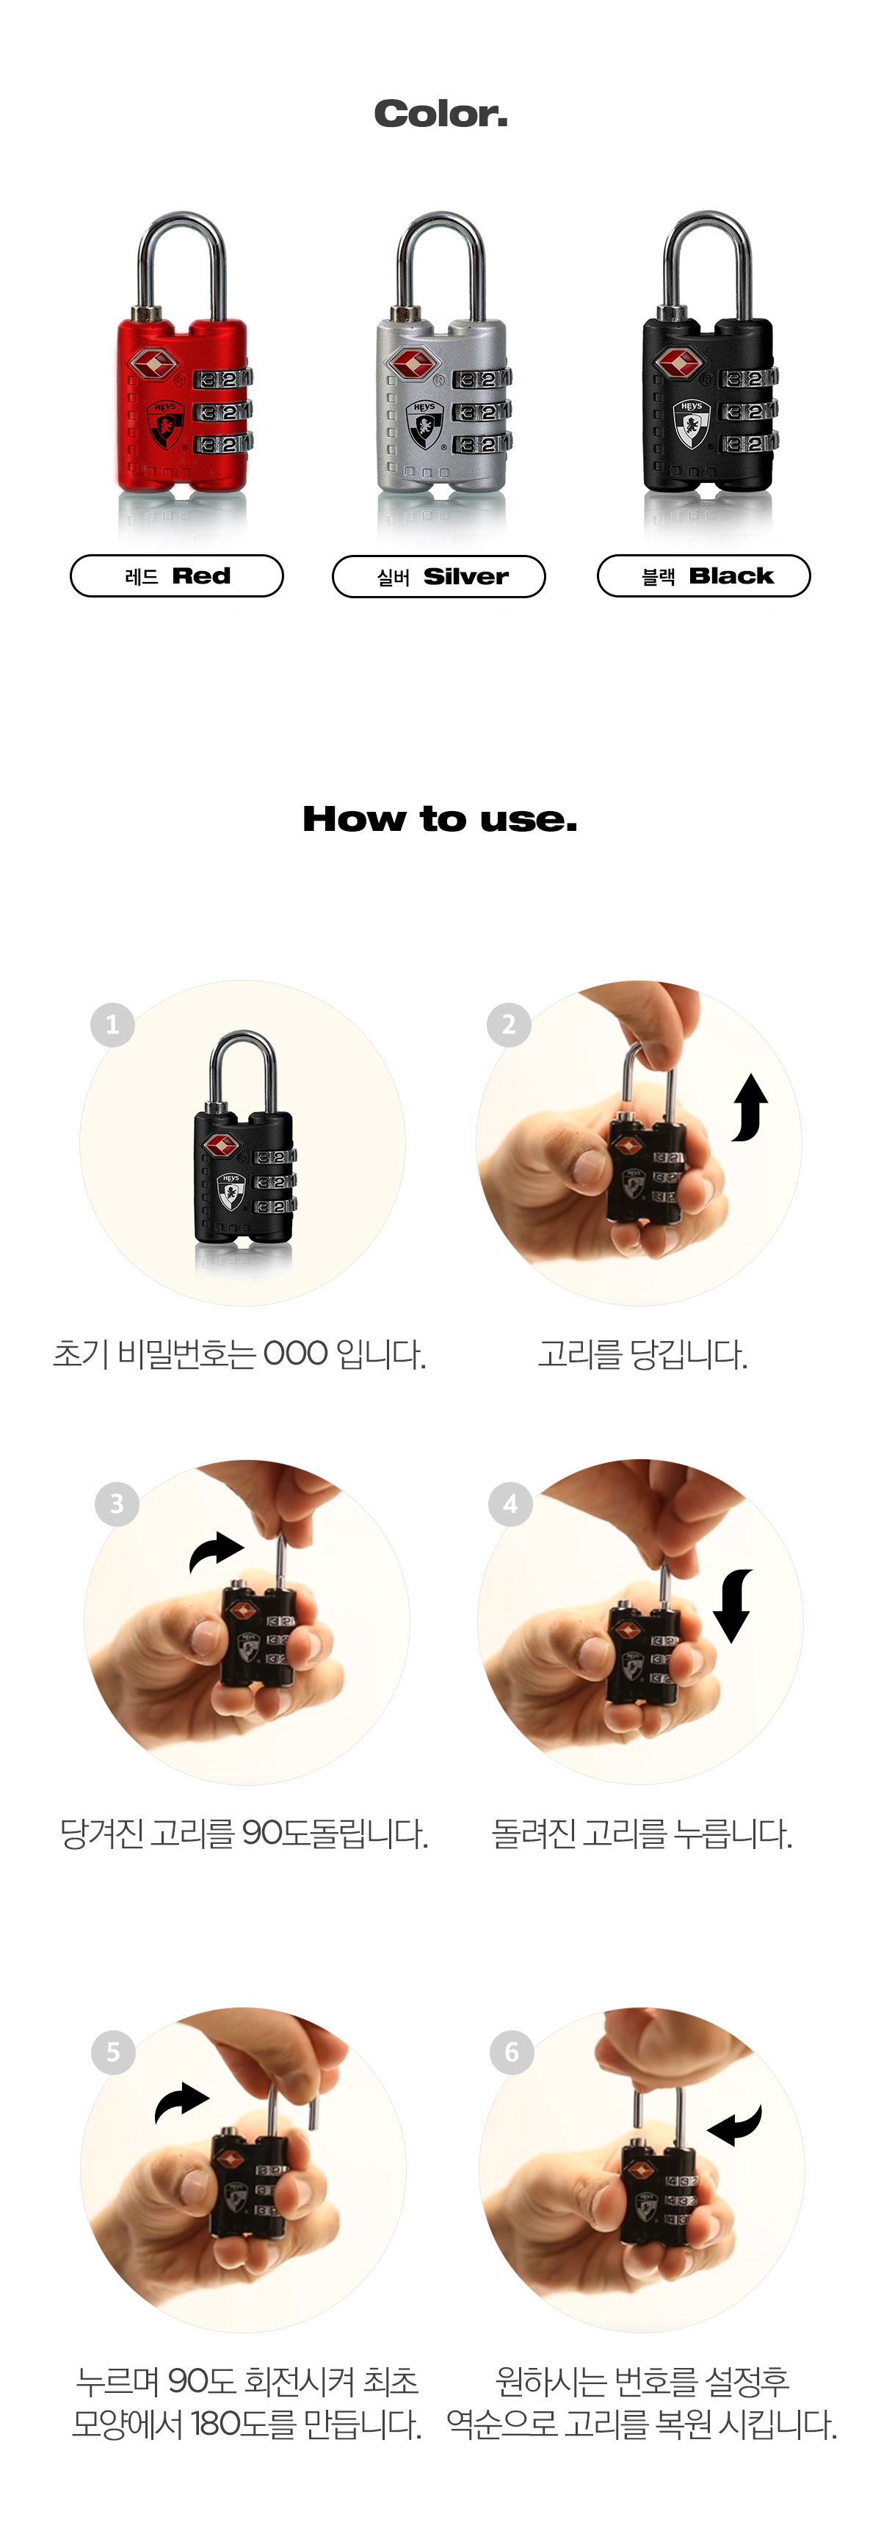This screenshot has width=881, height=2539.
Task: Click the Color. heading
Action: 440,115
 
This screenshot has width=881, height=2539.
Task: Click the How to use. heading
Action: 440,819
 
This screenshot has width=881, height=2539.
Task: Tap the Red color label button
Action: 176,575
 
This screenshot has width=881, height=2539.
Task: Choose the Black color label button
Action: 703,575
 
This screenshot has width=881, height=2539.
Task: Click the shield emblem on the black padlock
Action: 691,423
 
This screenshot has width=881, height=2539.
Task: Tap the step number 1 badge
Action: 112,1025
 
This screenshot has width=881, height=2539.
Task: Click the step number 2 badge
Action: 509,1025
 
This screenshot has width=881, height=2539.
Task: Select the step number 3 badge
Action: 116,1504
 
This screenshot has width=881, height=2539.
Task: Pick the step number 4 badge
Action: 510,1504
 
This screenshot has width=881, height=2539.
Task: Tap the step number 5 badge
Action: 112,2052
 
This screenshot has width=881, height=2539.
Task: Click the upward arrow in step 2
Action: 750,1107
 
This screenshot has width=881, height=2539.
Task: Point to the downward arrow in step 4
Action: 732,1605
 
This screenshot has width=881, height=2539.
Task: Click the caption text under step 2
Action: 642,1354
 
